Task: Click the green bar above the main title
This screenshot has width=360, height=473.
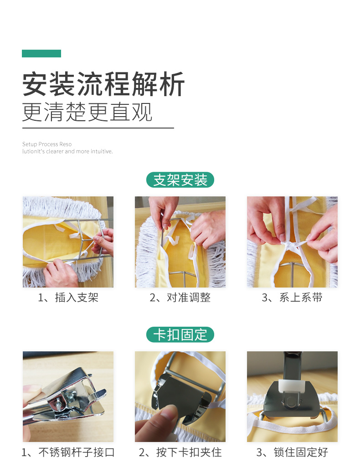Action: click(41, 53)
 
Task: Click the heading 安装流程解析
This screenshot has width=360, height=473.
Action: click(103, 84)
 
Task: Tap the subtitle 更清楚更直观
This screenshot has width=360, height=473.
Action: click(87, 112)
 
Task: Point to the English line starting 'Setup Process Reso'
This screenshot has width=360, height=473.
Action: click(47, 144)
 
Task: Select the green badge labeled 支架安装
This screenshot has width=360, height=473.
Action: click(180, 180)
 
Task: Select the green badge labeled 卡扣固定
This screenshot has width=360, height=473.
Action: click(180, 334)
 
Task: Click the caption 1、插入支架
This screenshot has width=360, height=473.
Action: click(68, 298)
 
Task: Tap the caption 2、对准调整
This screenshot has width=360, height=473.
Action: click(180, 298)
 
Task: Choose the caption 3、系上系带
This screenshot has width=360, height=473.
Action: click(292, 298)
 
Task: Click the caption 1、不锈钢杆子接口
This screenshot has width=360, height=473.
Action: click(68, 452)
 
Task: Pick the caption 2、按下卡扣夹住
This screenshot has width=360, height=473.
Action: click(180, 452)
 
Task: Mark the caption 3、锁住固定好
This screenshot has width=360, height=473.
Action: click(292, 452)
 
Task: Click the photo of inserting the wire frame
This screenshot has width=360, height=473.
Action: click(68, 242)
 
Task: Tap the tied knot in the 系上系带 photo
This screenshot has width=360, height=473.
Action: click(289, 244)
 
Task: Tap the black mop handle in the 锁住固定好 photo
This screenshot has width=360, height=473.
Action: click(292, 365)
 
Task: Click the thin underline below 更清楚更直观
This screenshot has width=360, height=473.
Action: click(98, 128)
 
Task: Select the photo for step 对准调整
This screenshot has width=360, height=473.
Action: click(180, 242)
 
